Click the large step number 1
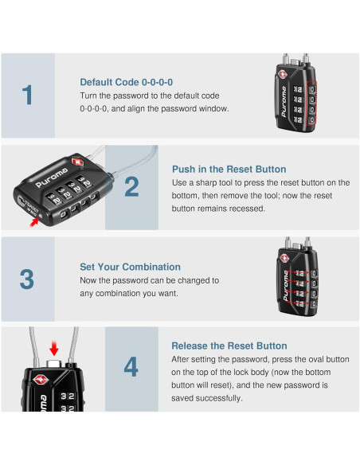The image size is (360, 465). [27, 95]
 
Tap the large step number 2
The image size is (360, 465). [131, 187]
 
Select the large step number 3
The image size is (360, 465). [27, 279]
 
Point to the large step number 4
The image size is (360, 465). [131, 367]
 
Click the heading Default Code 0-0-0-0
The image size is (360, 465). [127, 82]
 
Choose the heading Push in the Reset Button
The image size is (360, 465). [229, 170]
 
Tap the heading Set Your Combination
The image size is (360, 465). [130, 267]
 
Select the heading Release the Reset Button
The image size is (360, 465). [229, 346]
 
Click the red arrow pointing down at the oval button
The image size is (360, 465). [54, 348]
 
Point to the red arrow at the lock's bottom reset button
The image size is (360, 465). [34, 222]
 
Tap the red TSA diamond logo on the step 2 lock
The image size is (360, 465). [78, 162]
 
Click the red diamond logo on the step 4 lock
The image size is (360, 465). [41, 380]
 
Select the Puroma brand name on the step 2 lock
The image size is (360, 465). [53, 178]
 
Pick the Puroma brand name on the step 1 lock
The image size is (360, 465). [284, 101]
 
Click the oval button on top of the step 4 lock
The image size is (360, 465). [53, 363]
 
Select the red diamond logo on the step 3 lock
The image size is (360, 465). [284, 258]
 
